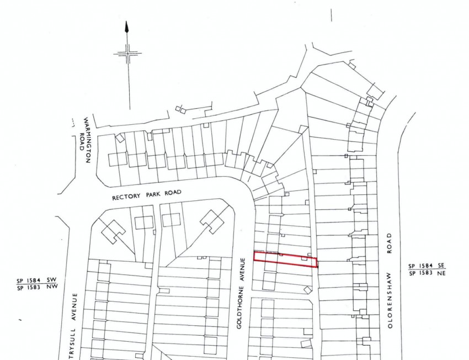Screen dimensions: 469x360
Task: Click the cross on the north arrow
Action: pyautogui.click(x=127, y=54)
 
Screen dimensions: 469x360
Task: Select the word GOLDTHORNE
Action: pyautogui.click(x=240, y=308)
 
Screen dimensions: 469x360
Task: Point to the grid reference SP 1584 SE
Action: pyautogui.click(x=427, y=266)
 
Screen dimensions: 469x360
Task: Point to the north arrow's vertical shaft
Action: pyautogui.click(x=128, y=83)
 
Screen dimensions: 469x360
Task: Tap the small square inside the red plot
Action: pyautogui.click(x=304, y=258)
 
